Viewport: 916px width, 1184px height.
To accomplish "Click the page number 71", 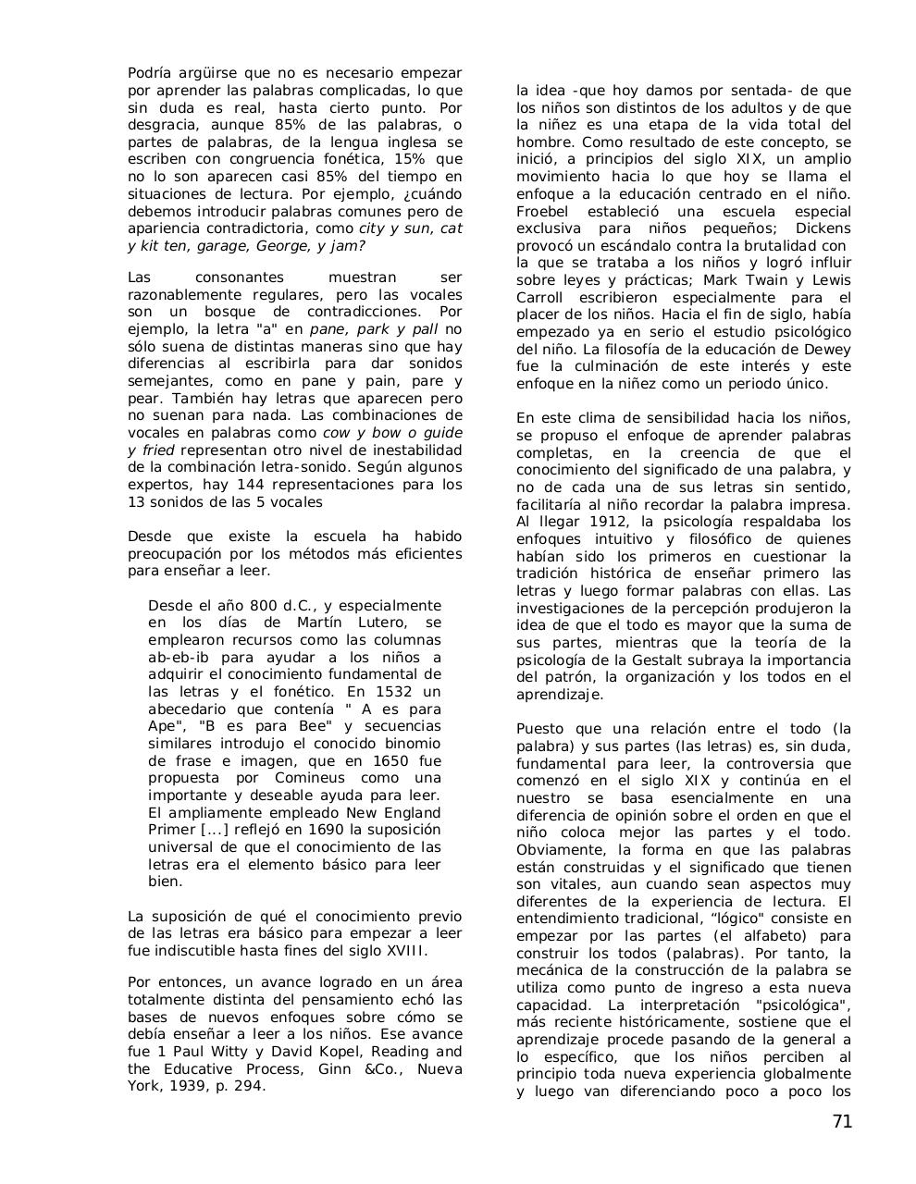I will pos(841,1122).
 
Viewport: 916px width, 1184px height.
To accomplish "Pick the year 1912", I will pos(588,522).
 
